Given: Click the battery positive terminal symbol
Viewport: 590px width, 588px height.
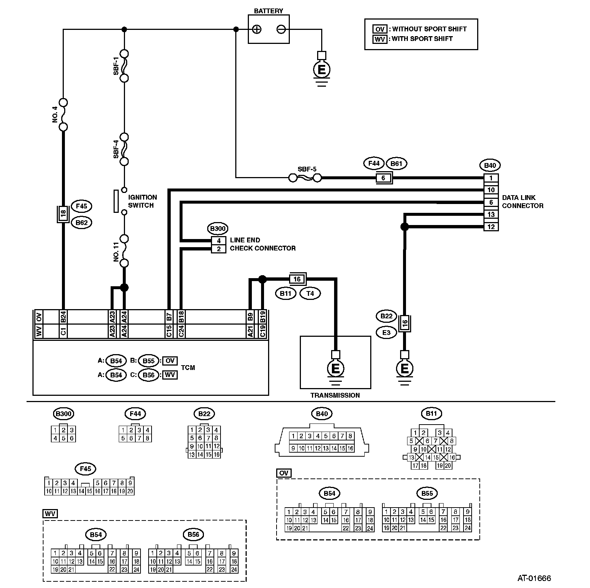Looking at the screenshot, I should tap(257, 30).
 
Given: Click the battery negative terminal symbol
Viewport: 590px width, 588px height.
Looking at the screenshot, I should tap(281, 30).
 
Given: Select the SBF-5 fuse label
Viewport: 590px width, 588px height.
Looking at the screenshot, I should tap(307, 169).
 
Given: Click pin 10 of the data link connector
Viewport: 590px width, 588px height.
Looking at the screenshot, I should tap(491, 190).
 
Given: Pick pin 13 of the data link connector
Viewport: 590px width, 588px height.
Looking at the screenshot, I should tap(491, 214).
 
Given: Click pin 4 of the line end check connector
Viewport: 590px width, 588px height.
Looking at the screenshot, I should tap(219, 241).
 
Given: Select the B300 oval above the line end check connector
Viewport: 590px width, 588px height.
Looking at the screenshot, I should tap(218, 229).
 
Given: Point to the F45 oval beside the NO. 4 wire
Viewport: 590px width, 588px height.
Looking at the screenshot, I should tap(81, 206).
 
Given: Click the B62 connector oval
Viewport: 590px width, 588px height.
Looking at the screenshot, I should tap(81, 222).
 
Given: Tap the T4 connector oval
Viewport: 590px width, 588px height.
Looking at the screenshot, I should tap(310, 293).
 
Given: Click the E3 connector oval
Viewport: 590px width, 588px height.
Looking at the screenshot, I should tap(386, 332).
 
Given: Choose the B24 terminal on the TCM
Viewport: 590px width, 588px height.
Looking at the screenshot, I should tap(63, 317).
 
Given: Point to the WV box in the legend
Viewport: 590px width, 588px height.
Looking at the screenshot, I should tap(379, 39).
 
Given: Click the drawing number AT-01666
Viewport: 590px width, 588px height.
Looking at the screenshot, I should tap(534, 578).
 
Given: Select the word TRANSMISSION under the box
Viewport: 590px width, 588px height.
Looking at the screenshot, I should tap(335, 395).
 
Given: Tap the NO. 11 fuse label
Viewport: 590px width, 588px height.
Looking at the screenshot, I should tap(117, 252).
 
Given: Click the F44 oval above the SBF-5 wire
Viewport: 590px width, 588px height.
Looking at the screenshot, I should tap(374, 163).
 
